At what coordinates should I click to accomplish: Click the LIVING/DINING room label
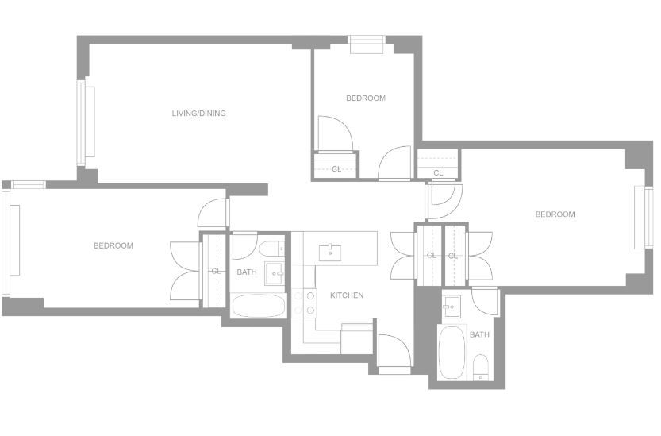tap(198, 113)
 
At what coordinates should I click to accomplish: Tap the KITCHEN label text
tap(347, 295)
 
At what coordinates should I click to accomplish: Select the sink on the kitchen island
tap(330, 253)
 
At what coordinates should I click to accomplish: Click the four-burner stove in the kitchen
tap(305, 303)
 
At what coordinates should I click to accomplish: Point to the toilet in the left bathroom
tap(272, 249)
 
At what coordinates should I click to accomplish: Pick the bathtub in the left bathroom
tap(259, 306)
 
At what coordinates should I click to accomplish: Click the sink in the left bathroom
tap(275, 273)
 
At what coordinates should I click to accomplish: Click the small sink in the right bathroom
tap(452, 306)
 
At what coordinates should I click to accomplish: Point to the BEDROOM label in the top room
tap(366, 98)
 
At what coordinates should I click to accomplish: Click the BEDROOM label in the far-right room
tap(555, 214)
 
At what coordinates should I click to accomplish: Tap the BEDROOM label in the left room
tap(113, 245)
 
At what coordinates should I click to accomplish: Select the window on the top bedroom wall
tap(367, 44)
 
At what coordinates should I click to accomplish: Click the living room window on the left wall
tap(86, 122)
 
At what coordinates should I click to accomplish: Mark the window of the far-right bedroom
tap(644, 217)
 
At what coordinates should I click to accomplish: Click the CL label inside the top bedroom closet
tap(336, 169)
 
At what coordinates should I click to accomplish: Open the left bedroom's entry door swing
tap(213, 212)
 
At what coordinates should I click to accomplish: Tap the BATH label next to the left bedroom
tap(247, 272)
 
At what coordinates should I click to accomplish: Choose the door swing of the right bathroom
tap(485, 301)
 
